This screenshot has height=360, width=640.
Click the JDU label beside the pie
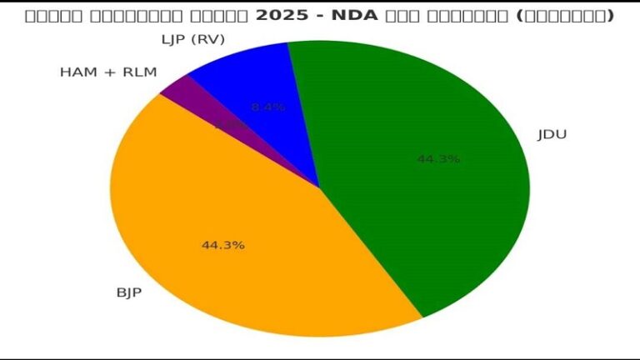click(552, 134)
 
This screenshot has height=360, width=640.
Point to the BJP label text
click(128, 292)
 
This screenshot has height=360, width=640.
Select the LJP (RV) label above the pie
click(194, 40)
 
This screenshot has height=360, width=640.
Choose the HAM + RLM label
click(108, 72)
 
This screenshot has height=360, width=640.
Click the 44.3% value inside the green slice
click(438, 158)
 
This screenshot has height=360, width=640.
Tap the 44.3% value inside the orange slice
click(222, 245)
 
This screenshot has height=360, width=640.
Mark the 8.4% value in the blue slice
click(267, 107)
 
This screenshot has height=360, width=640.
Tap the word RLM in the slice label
click(139, 72)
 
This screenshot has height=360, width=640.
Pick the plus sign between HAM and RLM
click(108, 72)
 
